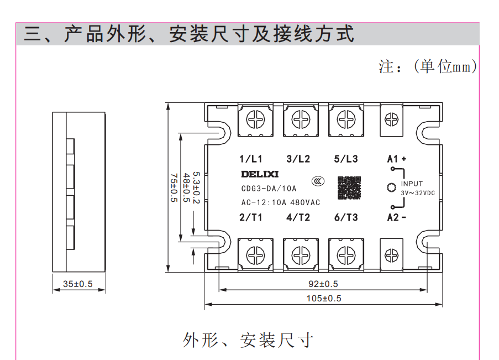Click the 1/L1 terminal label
pyautogui.click(x=251, y=159)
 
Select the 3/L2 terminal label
pyautogui.click(x=298, y=159)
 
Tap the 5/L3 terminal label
pyautogui.click(x=346, y=159)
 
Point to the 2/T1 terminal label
pyautogui.click(x=251, y=217)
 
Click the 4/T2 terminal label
pyautogui.click(x=298, y=217)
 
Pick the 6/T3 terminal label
pyautogui.click(x=346, y=217)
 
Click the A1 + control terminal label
pyautogui.click(x=396, y=159)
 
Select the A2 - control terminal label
pyautogui.click(x=396, y=217)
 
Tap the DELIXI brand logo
pyautogui.click(x=260, y=175)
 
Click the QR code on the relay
pyautogui.click(x=349, y=187)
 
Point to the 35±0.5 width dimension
pyautogui.click(x=78, y=284)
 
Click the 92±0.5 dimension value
pyautogui.click(x=323, y=284)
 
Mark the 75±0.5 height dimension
pyautogui.click(x=174, y=187)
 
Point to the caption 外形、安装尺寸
pyautogui.click(x=248, y=340)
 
